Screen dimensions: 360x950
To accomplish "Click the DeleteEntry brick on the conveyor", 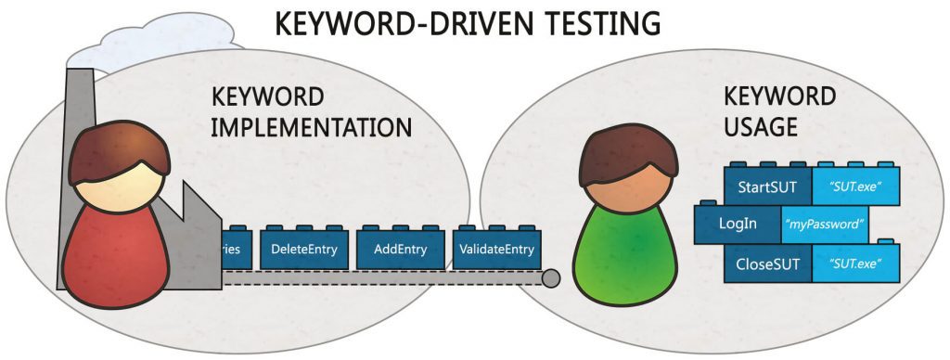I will click(x=303, y=250).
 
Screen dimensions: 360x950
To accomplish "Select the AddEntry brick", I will click(x=399, y=250).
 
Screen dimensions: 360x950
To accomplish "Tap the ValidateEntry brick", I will click(x=495, y=250).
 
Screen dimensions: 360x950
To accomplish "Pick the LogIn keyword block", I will click(x=737, y=224).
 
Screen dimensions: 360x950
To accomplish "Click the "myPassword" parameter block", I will click(x=825, y=224).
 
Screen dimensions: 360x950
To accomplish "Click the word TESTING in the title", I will click(x=587, y=22).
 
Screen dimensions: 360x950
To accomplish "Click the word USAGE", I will click(x=760, y=127).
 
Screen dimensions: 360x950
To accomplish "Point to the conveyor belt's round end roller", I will click(x=551, y=277).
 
